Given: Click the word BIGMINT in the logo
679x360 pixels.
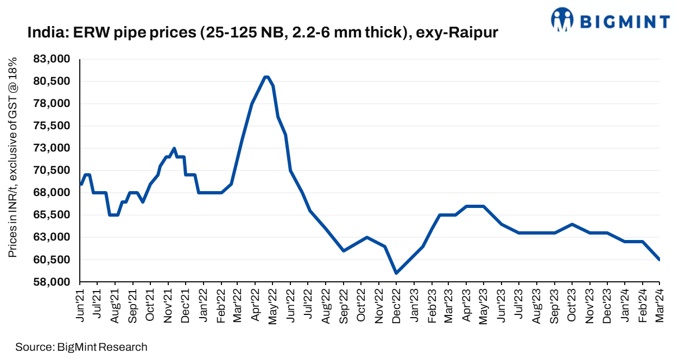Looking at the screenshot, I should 625,21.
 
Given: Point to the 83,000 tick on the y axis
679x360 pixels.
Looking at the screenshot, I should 57,59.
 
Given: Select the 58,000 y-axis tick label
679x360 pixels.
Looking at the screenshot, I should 57,282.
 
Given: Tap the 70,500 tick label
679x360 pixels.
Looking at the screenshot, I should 57,170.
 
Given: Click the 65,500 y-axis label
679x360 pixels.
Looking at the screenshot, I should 57,215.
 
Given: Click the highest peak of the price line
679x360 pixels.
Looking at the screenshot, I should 266,77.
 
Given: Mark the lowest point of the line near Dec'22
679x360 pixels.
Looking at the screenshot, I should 396,273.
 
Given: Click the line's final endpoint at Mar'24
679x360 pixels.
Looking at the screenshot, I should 659,260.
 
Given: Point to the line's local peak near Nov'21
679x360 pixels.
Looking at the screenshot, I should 174,148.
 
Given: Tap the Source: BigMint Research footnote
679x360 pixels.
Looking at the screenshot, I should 81,347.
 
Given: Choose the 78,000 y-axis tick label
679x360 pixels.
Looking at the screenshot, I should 57,104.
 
